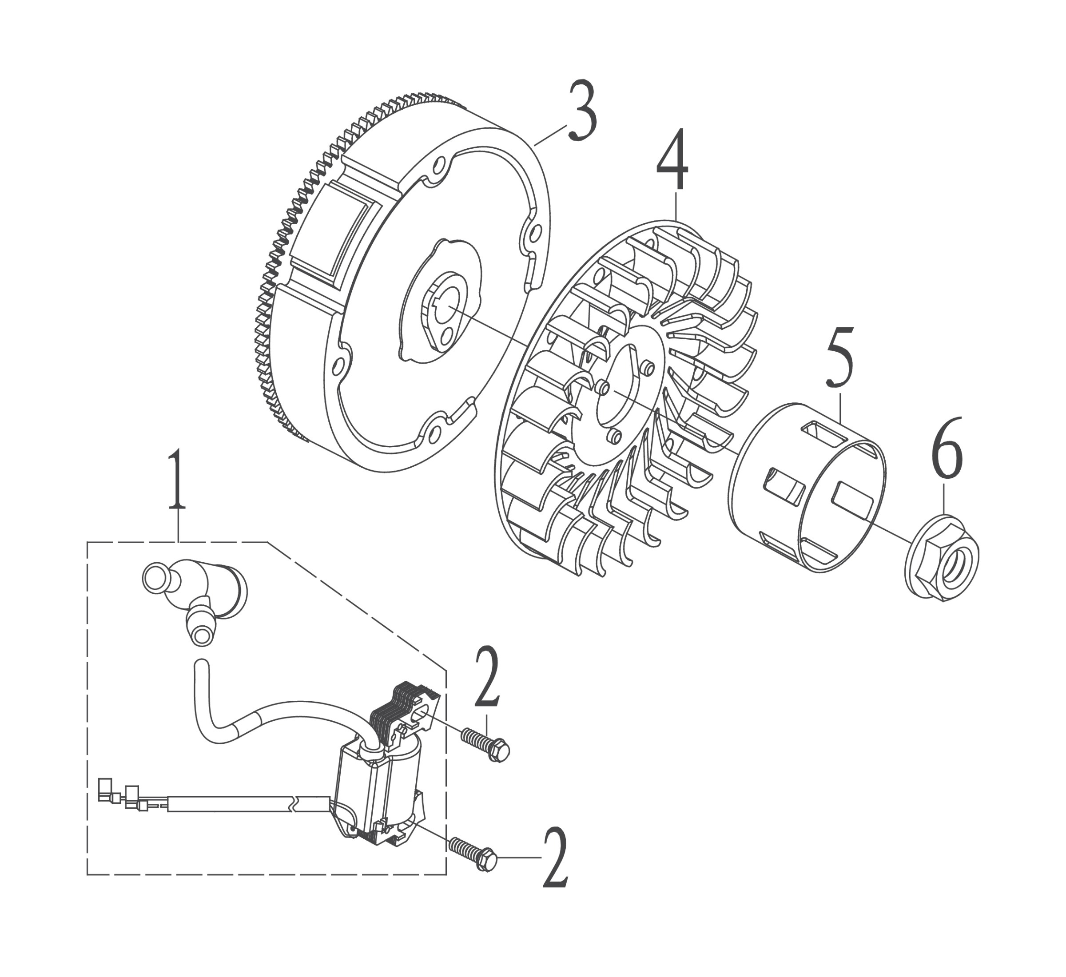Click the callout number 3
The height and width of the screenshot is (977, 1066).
(x=583, y=111)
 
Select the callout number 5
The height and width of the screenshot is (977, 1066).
(x=840, y=358)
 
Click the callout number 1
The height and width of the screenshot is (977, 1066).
(x=177, y=479)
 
